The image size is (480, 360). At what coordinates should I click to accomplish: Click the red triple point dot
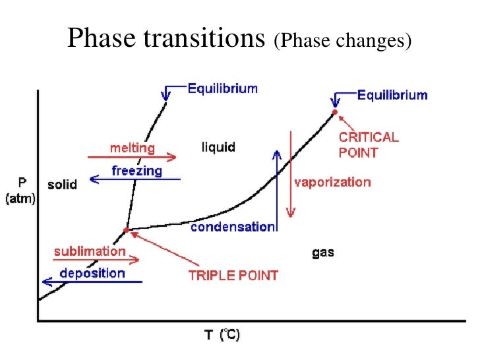coord(126,230)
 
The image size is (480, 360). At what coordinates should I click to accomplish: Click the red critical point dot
coord(334,112)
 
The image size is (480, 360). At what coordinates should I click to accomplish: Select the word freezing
coord(136,171)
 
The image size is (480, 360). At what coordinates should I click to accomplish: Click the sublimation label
coord(90,251)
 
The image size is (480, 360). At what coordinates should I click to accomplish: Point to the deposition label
coord(92,273)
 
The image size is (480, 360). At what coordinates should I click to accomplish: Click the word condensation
coord(232,227)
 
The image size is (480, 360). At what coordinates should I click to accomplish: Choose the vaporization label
coord(332,182)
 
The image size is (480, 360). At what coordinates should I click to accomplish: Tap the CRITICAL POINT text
coord(368,145)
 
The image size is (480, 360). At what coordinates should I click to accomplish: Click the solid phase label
coord(62,185)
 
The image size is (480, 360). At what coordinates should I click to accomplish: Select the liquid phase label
coord(218,146)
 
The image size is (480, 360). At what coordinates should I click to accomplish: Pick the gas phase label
coord(323,253)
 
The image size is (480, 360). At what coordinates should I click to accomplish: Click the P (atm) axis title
coord(22,189)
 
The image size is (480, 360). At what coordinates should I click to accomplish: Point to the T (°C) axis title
coord(221,336)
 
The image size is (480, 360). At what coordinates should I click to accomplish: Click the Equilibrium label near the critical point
coord(392,95)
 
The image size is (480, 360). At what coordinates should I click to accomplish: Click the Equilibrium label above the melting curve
coord(223,88)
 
